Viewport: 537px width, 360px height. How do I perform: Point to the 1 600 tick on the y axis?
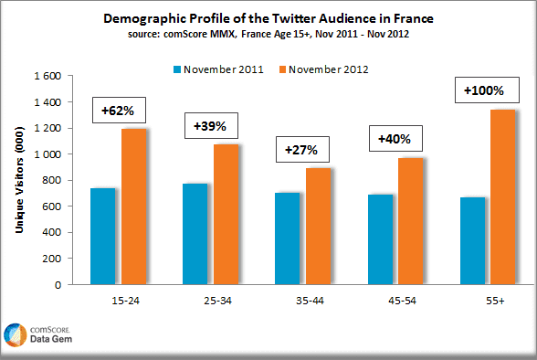tap(50, 76)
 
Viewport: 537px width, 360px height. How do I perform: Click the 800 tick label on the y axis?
tap(56, 180)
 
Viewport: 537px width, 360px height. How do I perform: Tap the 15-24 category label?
tap(119, 298)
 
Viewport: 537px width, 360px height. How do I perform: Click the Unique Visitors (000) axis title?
tap(19, 180)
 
